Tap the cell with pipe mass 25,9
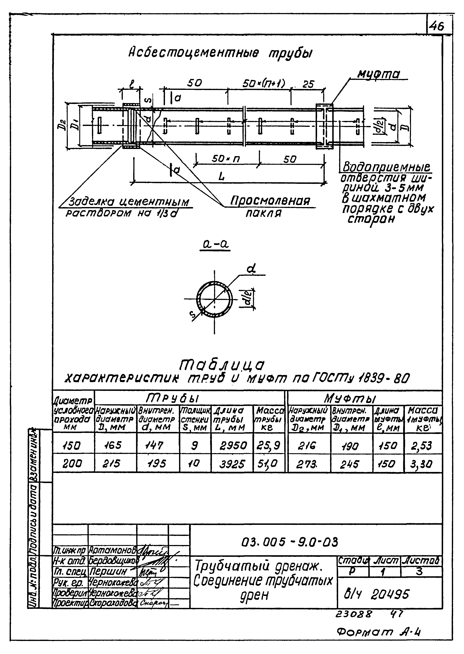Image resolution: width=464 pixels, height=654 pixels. [x=269, y=445]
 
